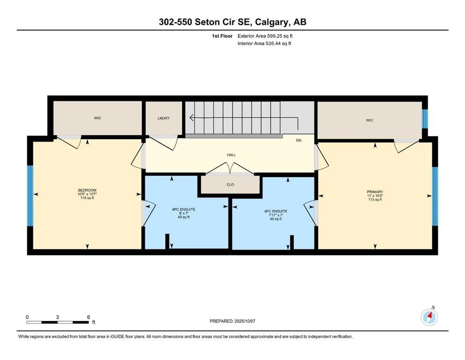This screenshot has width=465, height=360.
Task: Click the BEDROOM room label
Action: [x=87, y=190]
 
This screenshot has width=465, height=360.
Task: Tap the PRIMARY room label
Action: [x=375, y=192]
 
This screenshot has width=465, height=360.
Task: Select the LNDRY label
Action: [x=163, y=118]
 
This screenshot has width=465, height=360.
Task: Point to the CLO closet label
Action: [x=230, y=185]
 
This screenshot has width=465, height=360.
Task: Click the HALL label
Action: [x=231, y=155]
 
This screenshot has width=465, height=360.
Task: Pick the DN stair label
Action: [x=299, y=140]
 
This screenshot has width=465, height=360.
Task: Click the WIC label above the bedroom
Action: [x=97, y=118]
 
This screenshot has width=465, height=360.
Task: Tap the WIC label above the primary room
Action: [x=369, y=120]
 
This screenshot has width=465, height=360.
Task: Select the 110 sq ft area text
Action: [x=87, y=198]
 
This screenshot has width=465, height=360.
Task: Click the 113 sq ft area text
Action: [x=375, y=200]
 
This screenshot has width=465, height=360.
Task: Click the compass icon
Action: [x=429, y=317]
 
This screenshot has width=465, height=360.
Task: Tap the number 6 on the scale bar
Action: [x=88, y=317]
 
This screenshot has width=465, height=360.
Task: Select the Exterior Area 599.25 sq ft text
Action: [x=266, y=36]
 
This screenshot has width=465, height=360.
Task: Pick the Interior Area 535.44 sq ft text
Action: [x=265, y=44]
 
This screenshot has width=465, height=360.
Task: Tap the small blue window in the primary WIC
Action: [x=425, y=119]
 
